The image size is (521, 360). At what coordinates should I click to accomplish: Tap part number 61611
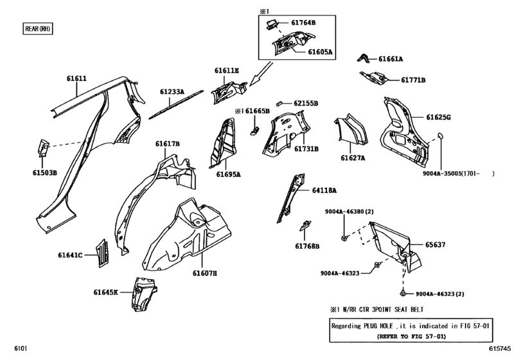76,79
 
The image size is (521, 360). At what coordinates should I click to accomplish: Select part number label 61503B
46,173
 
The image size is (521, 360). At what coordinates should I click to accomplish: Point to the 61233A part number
172,93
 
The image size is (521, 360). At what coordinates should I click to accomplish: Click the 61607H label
204,273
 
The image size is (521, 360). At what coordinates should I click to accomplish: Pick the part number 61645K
105,292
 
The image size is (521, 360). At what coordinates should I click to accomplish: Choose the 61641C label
71,255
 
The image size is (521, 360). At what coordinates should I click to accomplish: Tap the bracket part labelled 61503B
43,148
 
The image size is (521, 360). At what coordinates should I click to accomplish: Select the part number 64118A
324,190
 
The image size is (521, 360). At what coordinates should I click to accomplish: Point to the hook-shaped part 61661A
364,59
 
